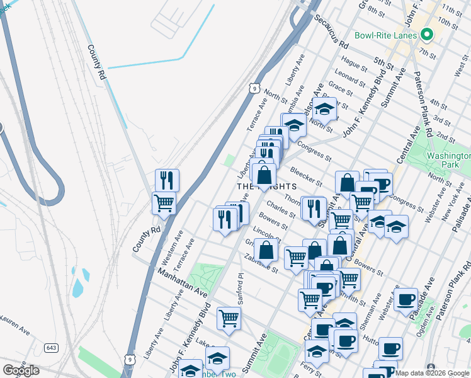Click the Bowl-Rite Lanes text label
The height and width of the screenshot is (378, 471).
(385, 35)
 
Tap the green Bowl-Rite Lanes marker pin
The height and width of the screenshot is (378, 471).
(426, 35)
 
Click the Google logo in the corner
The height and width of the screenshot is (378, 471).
(20, 370)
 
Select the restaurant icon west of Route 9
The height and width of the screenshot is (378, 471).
(167, 180)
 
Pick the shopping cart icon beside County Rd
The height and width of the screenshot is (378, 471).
(164, 203)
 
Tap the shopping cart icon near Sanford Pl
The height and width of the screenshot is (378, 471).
(229, 318)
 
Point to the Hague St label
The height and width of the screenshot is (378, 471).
(353, 63)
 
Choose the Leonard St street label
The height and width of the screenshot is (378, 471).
(349, 79)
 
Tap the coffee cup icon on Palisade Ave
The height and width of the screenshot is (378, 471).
(406, 299)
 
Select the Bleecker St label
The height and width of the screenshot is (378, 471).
(306, 178)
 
